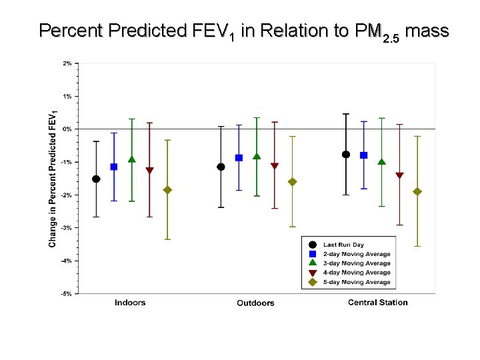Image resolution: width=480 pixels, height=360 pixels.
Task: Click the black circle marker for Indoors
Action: coord(96,179)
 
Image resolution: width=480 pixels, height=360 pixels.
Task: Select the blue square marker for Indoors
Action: coord(114,167)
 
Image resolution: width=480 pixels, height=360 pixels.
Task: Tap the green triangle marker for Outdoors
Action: coord(257,157)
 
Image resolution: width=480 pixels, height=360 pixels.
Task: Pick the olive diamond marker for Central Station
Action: coord(417,191)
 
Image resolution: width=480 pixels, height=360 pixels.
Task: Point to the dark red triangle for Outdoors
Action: coord(275,166)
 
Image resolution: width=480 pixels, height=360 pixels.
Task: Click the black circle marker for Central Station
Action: coord(346,154)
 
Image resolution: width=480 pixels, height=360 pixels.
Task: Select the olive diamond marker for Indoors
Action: coord(167,190)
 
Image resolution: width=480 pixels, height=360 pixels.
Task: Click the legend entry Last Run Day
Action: coord(343,245)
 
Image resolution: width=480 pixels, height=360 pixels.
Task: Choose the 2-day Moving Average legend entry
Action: coord(357,254)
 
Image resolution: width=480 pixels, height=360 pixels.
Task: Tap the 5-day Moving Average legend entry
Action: coord(357,282)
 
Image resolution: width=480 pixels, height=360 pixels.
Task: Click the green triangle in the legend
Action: coord(313,263)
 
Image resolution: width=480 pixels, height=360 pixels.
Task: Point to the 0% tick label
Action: coord(67,129)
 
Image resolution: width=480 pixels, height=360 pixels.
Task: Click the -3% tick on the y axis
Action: coord(67,227)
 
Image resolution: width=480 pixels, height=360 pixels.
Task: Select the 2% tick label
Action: coord(67,63)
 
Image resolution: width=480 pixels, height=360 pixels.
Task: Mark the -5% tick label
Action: coord(67,293)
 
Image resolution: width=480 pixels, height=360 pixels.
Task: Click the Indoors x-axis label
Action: coord(130,303)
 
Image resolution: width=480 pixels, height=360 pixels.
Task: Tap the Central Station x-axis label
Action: coord(377,303)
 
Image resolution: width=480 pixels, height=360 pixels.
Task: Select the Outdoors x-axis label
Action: coord(255,303)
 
